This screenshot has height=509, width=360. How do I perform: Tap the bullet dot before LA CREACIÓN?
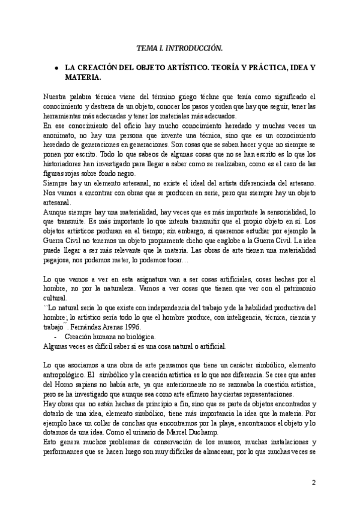pos(56,68)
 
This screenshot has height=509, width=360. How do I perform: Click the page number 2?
pos(313,483)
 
